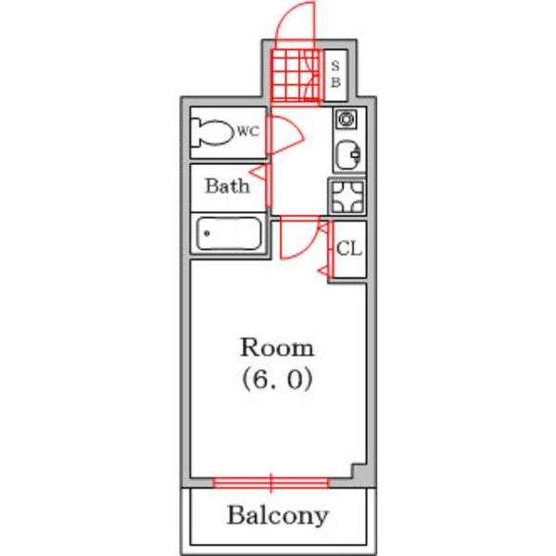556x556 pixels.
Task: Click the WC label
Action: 248,132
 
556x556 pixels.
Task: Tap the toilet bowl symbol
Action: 210,133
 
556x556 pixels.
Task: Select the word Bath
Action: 227,186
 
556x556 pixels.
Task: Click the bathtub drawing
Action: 229,234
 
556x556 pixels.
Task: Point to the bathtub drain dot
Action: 207,234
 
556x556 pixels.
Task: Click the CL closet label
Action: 349,248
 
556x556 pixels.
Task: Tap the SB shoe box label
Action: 335,74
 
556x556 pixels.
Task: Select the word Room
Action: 277,347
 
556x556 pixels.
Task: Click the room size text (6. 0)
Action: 277,379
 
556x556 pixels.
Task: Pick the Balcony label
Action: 278,515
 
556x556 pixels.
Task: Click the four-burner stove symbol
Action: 347,196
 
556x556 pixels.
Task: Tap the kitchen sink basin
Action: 347,156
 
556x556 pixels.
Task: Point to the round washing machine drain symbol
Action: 346,119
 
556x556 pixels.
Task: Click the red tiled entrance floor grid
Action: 296,76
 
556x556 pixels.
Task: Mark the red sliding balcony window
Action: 272,483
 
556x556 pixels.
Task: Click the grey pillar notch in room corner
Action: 360,472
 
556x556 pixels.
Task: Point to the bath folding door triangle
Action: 259,172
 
